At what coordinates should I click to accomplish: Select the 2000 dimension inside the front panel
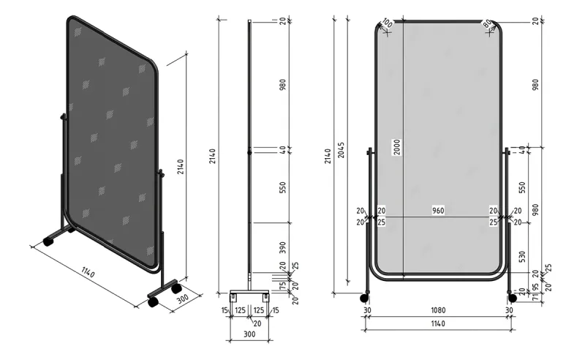click(396, 149)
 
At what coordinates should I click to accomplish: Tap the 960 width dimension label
click(438, 211)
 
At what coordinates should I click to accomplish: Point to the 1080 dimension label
click(437, 310)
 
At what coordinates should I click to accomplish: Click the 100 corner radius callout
click(387, 24)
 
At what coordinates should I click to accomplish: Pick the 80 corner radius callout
click(488, 24)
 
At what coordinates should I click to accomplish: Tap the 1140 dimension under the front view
click(437, 323)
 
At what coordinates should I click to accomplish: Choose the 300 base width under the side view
click(249, 334)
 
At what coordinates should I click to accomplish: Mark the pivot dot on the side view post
click(249, 152)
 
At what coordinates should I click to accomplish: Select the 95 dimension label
click(535, 287)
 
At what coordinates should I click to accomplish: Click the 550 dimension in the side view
click(283, 187)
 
